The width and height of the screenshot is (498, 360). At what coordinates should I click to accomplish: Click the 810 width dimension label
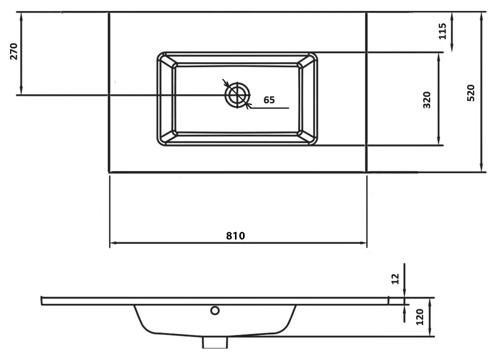(235, 236)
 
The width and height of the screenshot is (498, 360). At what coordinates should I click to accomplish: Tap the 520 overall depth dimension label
(471, 93)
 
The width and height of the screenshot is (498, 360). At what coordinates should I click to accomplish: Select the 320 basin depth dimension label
(427, 100)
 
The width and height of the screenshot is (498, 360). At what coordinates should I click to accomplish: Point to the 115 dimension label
(442, 31)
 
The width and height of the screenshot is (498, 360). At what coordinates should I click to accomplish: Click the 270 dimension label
(14, 51)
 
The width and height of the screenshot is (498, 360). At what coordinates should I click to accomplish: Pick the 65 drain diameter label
(269, 100)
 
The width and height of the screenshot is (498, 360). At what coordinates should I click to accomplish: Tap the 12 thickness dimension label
(395, 279)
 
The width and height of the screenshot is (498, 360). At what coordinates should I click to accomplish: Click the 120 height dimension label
(420, 317)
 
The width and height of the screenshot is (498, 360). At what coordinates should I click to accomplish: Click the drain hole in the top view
(237, 95)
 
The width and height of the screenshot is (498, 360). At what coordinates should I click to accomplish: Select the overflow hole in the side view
(215, 310)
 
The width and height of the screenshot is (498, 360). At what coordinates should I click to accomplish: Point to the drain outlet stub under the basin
(215, 342)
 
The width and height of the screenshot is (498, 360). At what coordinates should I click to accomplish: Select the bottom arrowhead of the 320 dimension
(438, 141)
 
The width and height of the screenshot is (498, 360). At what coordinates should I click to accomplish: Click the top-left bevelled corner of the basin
(167, 60)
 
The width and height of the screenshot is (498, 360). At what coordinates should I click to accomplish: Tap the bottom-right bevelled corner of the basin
(307, 137)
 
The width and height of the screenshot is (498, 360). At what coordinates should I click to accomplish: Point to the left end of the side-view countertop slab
(41, 301)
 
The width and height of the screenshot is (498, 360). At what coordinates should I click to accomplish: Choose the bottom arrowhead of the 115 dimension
(452, 48)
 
